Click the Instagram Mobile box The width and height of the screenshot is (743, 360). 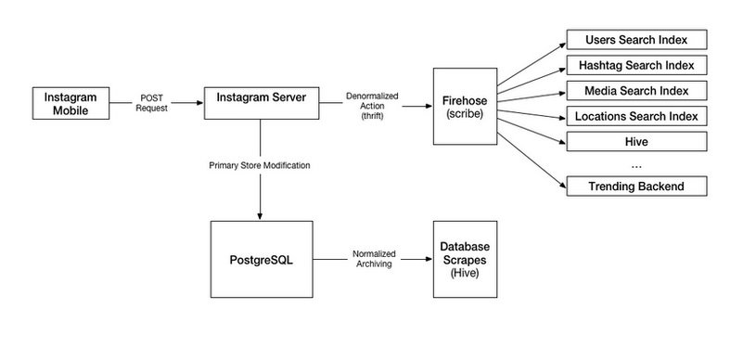coord(70,102)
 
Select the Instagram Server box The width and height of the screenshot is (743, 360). coord(261,102)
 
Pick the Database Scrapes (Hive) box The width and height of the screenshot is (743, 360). coord(465,259)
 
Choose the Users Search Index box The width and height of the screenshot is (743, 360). coord(636,40)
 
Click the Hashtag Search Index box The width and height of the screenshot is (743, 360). coord(636,66)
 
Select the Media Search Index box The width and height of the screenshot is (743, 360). coord(636,91)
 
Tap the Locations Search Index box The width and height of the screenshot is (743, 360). coord(636,117)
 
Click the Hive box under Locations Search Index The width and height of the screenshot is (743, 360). coord(636,142)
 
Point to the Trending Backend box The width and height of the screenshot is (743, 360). coord(636,186)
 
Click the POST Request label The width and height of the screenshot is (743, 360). coord(152,101)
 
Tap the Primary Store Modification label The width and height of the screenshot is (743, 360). coord(260,165)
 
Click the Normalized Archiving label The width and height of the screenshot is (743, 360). coord(372,258)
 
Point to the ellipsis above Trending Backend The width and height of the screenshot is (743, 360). coord(636,165)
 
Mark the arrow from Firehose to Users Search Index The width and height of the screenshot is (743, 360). coord(529,66)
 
